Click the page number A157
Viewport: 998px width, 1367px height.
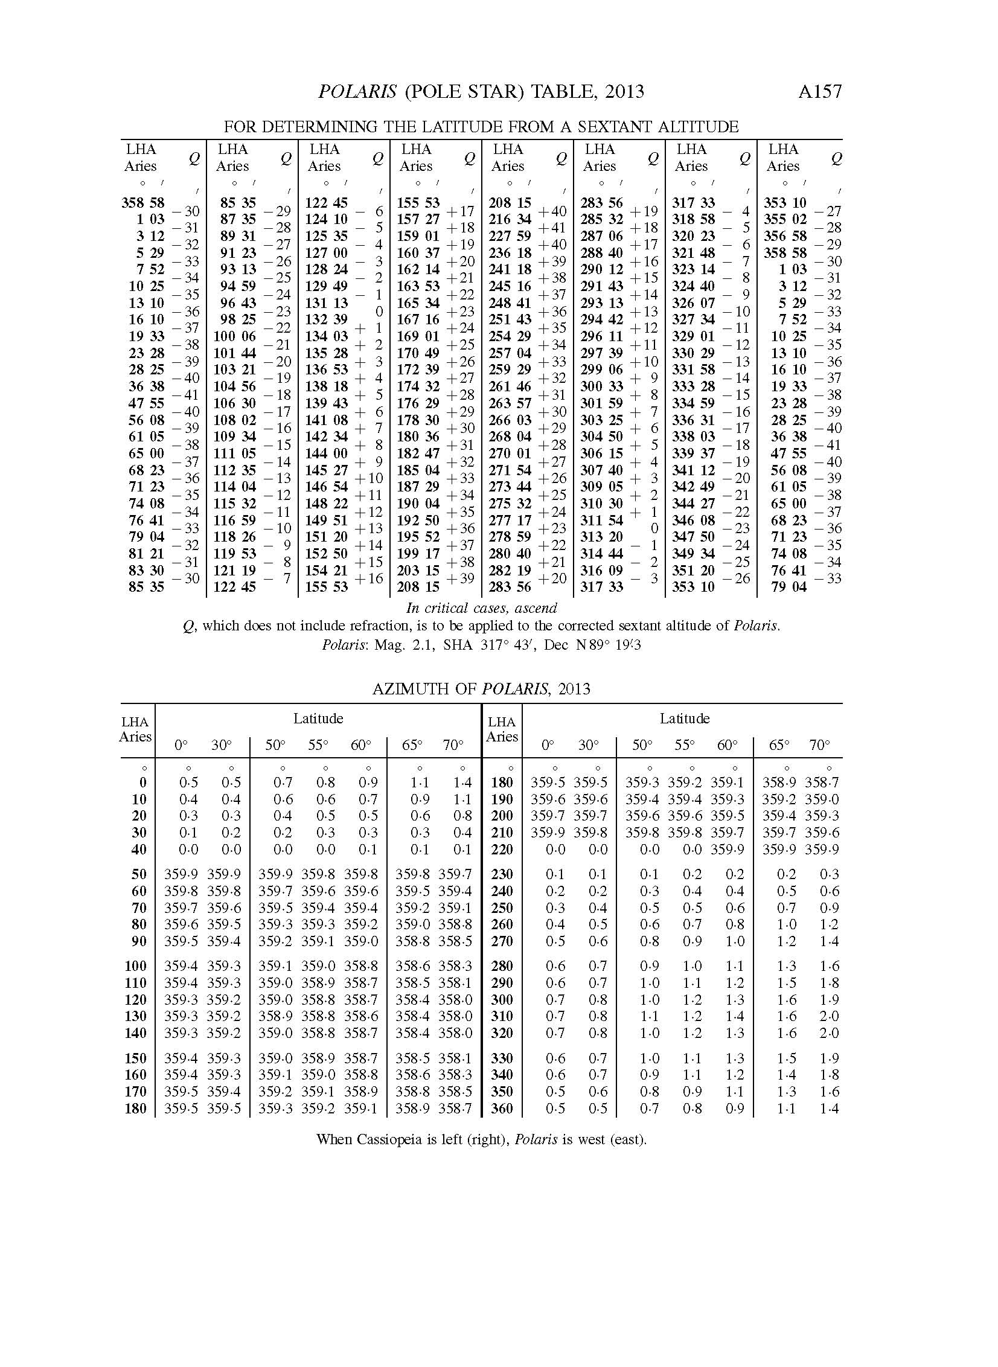pos(819,91)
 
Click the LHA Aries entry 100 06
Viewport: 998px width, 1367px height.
pos(234,336)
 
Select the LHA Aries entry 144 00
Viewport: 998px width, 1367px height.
pos(326,453)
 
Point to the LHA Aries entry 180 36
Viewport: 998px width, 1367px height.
pos(418,437)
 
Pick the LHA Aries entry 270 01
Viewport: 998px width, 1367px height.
pos(510,453)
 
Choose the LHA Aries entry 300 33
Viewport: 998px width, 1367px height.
pos(602,386)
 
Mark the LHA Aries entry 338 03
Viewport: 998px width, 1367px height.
pos(694,437)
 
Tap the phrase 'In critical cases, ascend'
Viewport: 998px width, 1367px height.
pos(481,607)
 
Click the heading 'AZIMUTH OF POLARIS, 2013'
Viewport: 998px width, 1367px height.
pos(481,689)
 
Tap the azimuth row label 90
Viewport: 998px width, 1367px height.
pos(139,941)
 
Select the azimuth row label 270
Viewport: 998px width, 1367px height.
pos(502,941)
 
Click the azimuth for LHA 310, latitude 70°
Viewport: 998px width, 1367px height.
pos(829,1016)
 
